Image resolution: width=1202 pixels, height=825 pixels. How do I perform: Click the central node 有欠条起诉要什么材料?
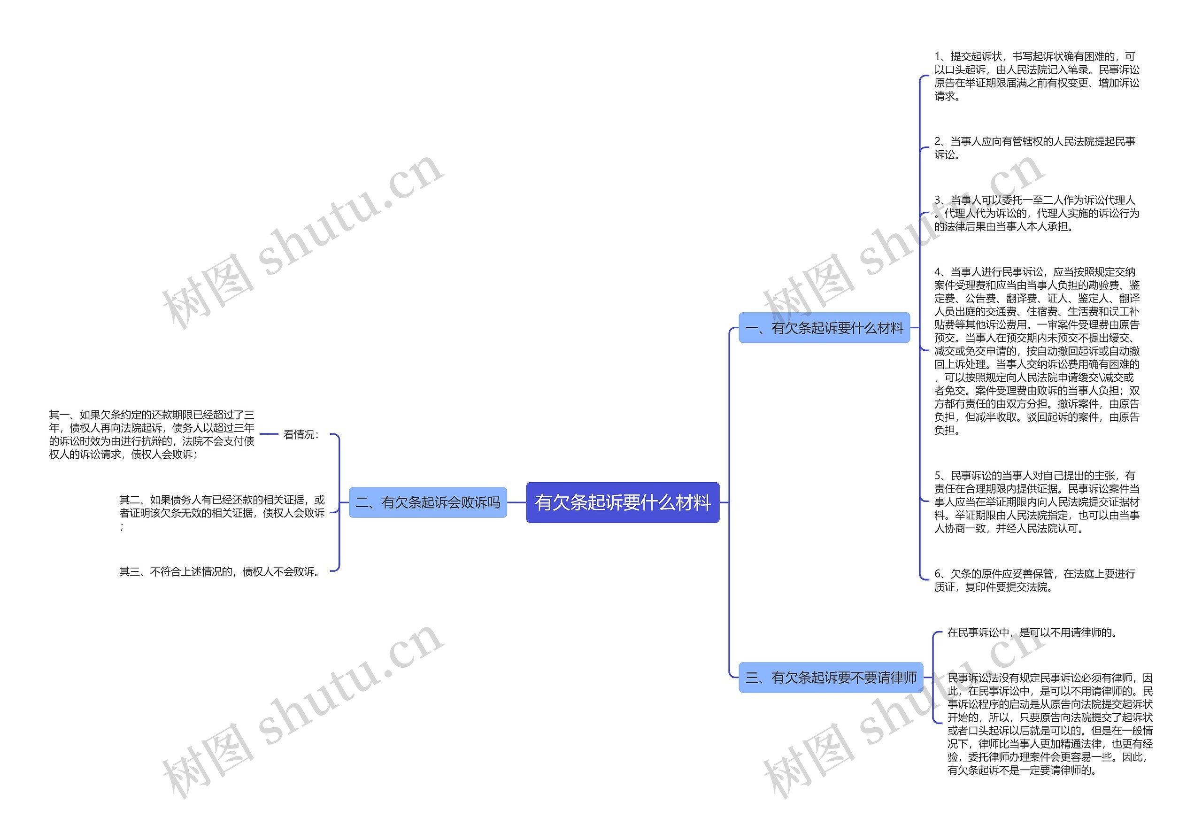pyautogui.click(x=622, y=502)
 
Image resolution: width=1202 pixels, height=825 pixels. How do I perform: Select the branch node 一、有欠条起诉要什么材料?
pyautogui.click(x=824, y=327)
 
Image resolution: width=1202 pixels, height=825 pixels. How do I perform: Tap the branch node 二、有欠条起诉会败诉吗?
pyautogui.click(x=428, y=502)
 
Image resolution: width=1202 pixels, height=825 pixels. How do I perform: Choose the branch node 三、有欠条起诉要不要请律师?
pyautogui.click(x=831, y=677)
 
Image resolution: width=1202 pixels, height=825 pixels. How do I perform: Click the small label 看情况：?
pyautogui.click(x=301, y=434)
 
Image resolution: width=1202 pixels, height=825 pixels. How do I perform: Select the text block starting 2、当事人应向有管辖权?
pyautogui.click(x=1034, y=148)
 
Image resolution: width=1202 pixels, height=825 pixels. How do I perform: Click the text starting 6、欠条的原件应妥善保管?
pyautogui.click(x=1034, y=580)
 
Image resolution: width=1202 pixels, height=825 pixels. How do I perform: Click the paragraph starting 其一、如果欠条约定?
pyautogui.click(x=152, y=434)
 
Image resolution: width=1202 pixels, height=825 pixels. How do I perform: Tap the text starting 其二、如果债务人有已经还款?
pyautogui.click(x=222, y=512)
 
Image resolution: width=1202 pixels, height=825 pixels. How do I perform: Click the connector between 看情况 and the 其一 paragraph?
pyautogui.click(x=269, y=434)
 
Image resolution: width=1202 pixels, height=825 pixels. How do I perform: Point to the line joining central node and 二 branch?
pyautogui.click(x=516, y=502)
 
